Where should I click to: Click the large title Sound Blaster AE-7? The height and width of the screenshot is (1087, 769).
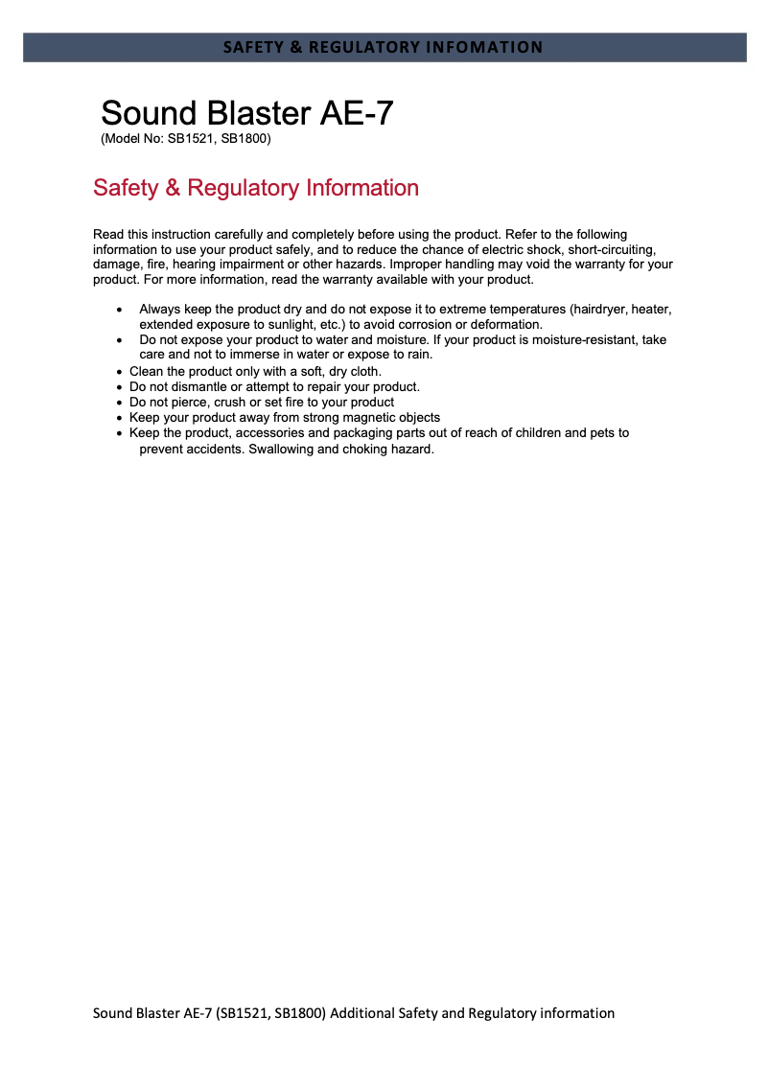pyautogui.click(x=246, y=113)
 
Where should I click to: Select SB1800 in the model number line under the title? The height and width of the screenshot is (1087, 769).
pyautogui.click(x=245, y=139)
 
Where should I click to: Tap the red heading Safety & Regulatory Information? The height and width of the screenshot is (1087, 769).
pyautogui.click(x=255, y=188)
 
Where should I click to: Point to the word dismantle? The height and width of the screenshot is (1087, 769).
pyautogui.click(x=199, y=387)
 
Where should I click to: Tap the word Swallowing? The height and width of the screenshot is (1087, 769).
pyautogui.click(x=280, y=449)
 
